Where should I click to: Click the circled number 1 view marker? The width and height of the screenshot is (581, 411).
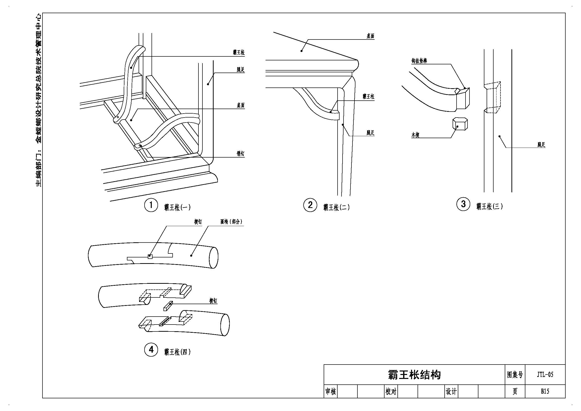[151, 205]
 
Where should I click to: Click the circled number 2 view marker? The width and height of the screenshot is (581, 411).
[310, 205]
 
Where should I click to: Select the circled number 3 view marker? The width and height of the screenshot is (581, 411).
[463, 204]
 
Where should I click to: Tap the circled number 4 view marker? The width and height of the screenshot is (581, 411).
[151, 350]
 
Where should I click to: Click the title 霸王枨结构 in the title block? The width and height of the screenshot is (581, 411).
[414, 375]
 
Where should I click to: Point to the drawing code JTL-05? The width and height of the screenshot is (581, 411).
[545, 374]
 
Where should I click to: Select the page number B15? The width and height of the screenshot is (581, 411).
[545, 391]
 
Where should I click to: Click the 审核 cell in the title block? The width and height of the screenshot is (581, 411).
[330, 392]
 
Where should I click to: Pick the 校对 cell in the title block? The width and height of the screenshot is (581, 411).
[391, 392]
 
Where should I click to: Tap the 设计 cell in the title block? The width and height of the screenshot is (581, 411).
[451, 392]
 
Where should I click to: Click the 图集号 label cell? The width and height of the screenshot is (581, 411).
[515, 374]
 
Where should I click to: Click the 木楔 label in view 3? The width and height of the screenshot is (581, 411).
[416, 135]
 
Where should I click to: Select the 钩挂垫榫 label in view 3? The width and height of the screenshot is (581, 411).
[419, 61]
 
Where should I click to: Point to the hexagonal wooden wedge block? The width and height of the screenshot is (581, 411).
[460, 124]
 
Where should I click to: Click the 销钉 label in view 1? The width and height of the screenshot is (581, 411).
[240, 154]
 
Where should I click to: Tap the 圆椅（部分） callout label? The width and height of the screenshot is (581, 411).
[231, 222]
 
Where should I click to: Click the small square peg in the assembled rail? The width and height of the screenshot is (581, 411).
[150, 257]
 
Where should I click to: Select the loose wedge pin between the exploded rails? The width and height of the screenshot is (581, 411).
[168, 306]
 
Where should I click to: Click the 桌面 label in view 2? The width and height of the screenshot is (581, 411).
[370, 36]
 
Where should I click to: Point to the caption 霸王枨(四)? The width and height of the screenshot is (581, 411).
[177, 352]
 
